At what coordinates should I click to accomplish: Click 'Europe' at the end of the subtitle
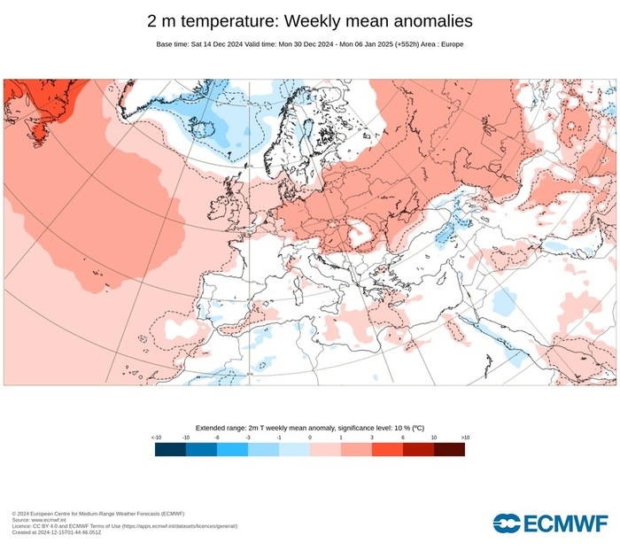[452, 44]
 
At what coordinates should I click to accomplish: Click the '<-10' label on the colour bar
[156, 438]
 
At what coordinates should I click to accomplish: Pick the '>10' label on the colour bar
[464, 438]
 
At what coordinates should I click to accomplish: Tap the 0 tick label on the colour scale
[310, 438]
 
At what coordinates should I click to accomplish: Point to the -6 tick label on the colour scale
[217, 438]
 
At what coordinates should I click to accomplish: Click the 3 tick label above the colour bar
[372, 438]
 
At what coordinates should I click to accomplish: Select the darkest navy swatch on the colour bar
[170, 449]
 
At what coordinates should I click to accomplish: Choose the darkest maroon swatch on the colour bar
[449, 449]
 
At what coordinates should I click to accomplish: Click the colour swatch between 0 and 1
[325, 449]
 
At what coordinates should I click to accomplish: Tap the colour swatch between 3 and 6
[387, 449]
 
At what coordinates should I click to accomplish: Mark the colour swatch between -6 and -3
[232, 449]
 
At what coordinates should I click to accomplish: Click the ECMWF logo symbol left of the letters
[507, 523]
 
